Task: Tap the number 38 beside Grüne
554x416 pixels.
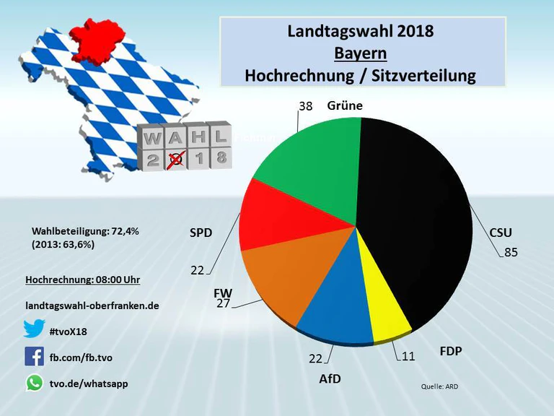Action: (x=305, y=106)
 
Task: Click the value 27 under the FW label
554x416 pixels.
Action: (x=224, y=303)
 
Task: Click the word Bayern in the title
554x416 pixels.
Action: (x=360, y=54)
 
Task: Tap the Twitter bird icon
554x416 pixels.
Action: (x=34, y=329)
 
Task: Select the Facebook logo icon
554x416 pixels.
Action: (x=34, y=356)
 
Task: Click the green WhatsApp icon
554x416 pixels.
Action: (x=34, y=383)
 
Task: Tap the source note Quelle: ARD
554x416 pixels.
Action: (x=439, y=386)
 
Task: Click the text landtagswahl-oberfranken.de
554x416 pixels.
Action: (x=92, y=305)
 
